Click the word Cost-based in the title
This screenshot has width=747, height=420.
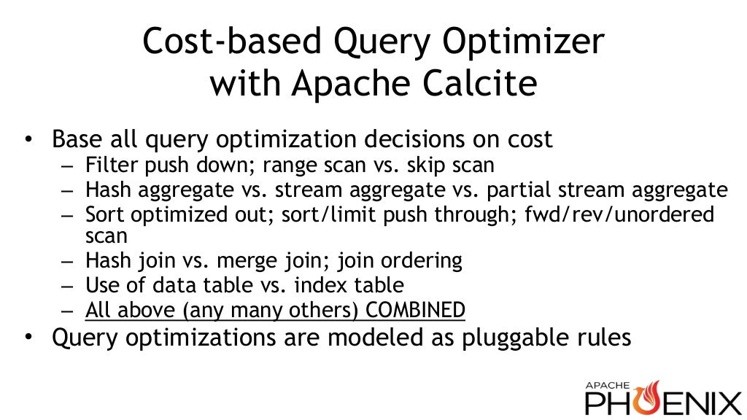click(x=222, y=42)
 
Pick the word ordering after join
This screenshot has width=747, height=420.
click(x=429, y=260)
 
